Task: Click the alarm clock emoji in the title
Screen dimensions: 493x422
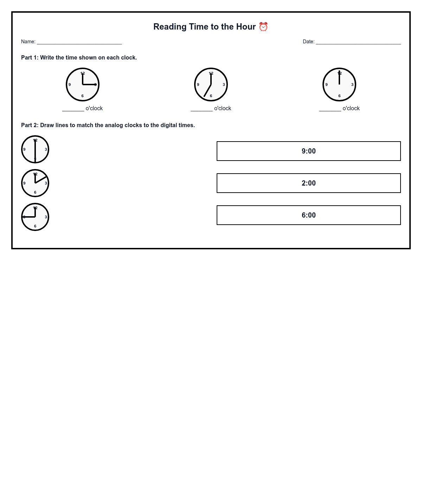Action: [263, 27]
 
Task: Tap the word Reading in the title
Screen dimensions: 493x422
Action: [170, 27]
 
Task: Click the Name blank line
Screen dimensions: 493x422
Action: [79, 42]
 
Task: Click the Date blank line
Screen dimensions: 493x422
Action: [358, 42]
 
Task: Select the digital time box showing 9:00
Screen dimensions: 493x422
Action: [308, 151]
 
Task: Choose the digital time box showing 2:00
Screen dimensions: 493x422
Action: [308, 183]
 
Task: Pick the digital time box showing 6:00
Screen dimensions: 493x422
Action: [308, 215]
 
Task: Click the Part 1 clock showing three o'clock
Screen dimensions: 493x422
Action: [83, 85]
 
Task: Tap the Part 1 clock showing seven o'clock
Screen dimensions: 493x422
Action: [211, 85]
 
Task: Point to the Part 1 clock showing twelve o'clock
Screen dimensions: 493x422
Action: [339, 85]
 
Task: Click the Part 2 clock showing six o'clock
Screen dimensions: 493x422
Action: [35, 149]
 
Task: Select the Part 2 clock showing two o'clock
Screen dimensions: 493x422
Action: [35, 183]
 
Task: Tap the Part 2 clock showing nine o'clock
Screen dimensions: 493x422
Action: [35, 217]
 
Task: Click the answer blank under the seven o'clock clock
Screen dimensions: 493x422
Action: [202, 109]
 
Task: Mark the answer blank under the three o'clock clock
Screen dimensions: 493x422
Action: [73, 109]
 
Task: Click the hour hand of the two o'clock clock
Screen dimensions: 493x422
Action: [41, 180]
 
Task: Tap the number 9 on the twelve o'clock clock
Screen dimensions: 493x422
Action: [326, 85]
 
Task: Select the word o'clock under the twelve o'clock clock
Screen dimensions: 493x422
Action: [351, 108]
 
